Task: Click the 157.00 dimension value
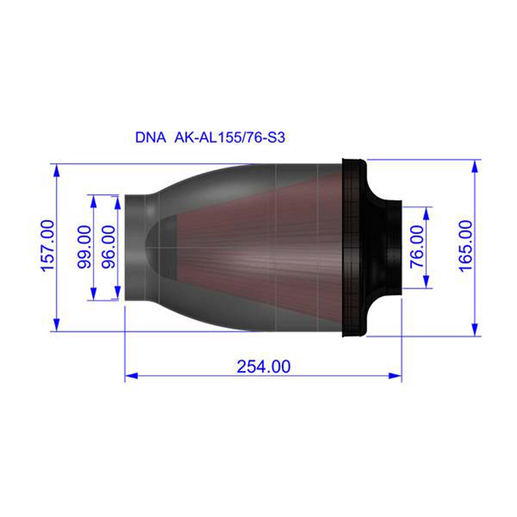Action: pyautogui.click(x=47, y=246)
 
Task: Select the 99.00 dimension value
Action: pyautogui.click(x=84, y=247)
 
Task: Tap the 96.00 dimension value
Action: pyautogui.click(x=108, y=247)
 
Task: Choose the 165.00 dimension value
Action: pyautogui.click(x=465, y=246)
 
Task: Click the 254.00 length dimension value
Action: pyautogui.click(x=264, y=367)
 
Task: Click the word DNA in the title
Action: pyautogui.click(x=150, y=138)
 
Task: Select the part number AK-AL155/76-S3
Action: pyautogui.click(x=230, y=138)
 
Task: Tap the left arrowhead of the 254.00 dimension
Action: pyautogui.click(x=131, y=376)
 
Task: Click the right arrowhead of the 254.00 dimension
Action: pyautogui.click(x=395, y=376)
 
